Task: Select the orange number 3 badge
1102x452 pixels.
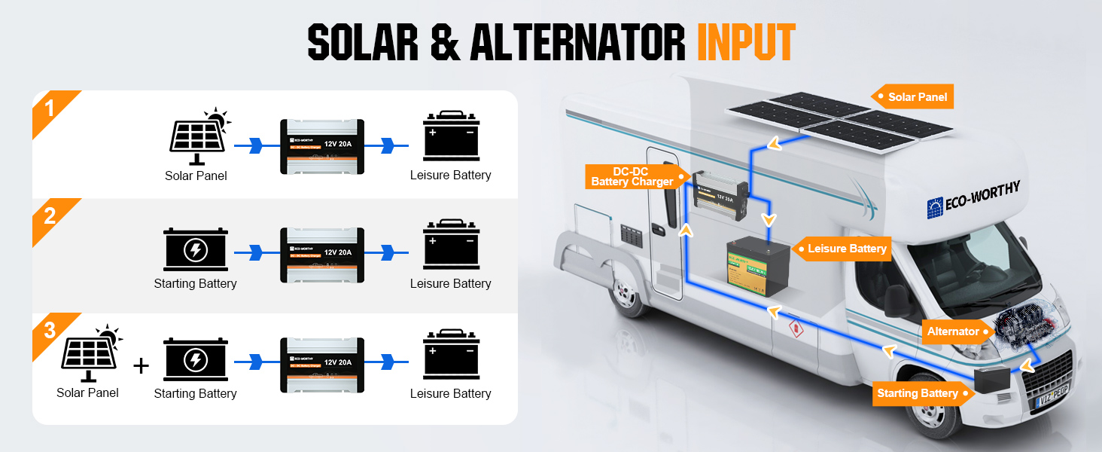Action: click(50, 330)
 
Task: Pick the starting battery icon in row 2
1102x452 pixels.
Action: click(196, 250)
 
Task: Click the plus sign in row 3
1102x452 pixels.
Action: click(141, 366)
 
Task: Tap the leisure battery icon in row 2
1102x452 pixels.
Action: click(451, 244)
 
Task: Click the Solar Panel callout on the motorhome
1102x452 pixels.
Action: click(913, 97)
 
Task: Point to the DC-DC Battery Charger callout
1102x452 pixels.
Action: click(632, 177)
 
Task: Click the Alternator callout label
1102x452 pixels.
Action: click(953, 331)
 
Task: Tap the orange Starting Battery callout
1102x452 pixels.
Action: click(918, 393)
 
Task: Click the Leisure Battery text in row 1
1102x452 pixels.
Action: click(450, 176)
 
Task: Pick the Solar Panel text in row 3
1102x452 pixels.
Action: click(87, 392)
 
